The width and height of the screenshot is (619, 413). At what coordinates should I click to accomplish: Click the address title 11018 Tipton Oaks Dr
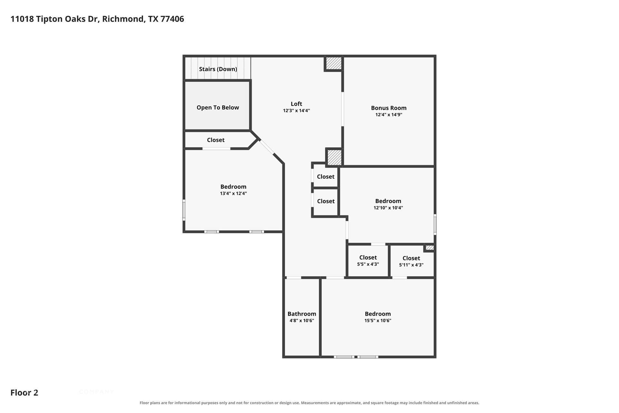[55, 19]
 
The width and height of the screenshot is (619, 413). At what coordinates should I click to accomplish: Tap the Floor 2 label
[24, 393]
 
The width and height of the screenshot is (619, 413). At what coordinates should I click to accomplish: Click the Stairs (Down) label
[218, 69]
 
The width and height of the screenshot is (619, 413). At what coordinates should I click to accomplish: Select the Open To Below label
[218, 107]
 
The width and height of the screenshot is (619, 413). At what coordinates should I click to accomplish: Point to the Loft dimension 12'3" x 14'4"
[297, 111]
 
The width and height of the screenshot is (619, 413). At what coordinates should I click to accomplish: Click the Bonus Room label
[389, 108]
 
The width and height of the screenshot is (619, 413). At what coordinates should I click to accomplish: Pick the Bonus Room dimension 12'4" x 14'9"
[389, 115]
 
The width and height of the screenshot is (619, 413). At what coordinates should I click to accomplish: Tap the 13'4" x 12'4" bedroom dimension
[233, 194]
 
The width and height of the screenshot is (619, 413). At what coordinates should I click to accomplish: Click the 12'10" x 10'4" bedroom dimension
[388, 208]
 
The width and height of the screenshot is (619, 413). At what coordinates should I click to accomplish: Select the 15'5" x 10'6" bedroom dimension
[378, 321]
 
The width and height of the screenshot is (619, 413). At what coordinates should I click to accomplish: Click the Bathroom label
[302, 314]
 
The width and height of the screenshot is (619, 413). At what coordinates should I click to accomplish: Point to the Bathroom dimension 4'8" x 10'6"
[302, 321]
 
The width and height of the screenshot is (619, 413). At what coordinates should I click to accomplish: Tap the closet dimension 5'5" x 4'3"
[368, 264]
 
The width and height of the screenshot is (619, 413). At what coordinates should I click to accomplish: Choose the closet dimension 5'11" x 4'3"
[411, 265]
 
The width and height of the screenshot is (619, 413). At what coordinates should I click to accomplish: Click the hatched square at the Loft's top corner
[334, 63]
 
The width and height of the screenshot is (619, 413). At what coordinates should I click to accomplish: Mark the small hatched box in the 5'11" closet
[429, 248]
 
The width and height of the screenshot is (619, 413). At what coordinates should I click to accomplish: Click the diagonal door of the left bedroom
[267, 147]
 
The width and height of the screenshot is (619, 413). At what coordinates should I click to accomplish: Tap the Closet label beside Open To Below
[216, 140]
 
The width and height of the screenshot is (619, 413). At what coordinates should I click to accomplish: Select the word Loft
[297, 104]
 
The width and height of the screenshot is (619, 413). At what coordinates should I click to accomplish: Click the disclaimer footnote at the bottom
[309, 403]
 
